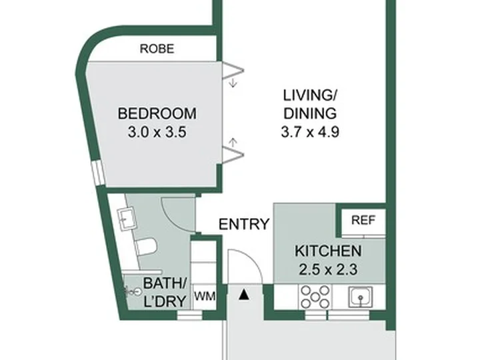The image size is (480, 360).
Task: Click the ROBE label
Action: click(157, 49)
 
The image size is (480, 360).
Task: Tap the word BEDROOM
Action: click(157, 113)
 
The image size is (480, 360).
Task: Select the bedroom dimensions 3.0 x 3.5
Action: click(157, 132)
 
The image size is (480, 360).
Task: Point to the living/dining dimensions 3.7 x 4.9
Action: click(310, 132)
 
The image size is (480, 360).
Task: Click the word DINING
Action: click(310, 113)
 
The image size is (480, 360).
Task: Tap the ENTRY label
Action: click(244, 224)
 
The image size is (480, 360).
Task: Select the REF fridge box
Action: click(363, 222)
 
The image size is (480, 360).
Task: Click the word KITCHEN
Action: click(328, 251)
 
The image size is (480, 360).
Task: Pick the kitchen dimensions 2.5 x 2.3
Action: click(328, 270)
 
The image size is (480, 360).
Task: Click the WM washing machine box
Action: click(205, 296)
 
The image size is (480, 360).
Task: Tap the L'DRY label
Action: click(165, 301)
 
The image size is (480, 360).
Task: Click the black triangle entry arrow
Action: click(244, 295)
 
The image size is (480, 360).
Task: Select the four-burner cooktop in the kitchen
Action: click(315, 296)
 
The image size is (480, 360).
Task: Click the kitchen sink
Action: click(361, 296)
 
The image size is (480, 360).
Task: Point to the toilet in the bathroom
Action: click(146, 247)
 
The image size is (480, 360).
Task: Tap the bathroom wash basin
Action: click(127, 217)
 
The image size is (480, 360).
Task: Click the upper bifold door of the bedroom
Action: click(233, 70)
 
